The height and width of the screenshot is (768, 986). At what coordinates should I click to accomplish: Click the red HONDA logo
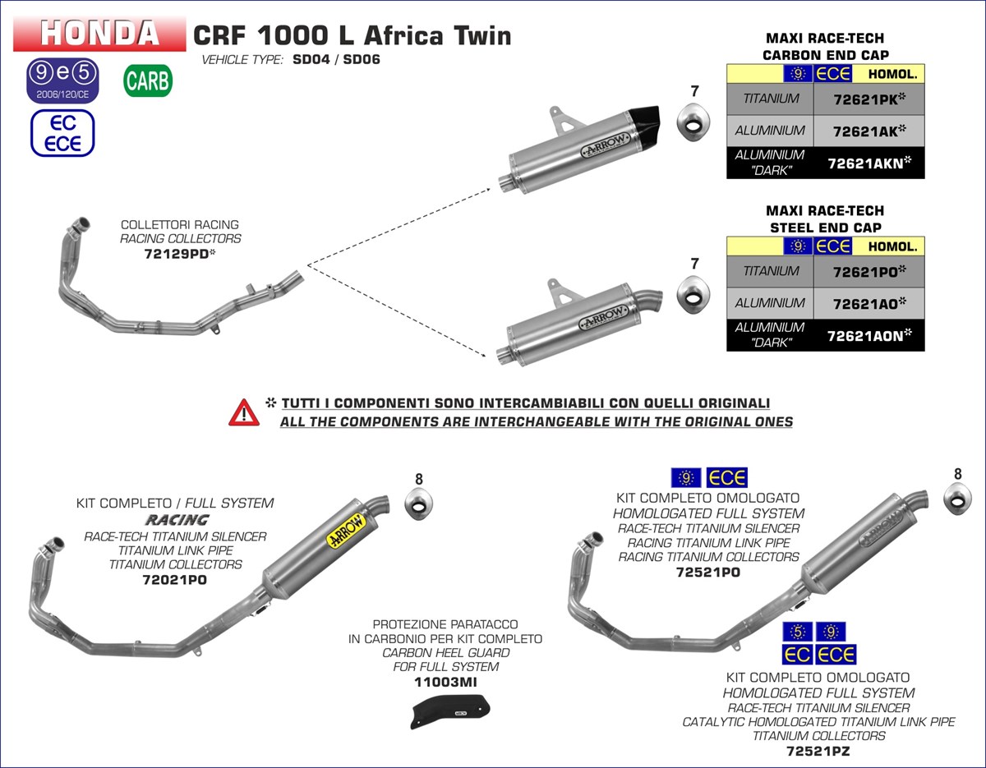tap(99, 33)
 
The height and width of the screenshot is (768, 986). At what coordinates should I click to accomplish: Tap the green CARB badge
tap(148, 80)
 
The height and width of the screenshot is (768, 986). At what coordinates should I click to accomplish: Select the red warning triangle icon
tap(244, 412)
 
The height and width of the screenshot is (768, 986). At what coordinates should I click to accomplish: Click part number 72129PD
tap(181, 254)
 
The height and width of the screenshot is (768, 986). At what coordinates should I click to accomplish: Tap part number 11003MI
tap(446, 682)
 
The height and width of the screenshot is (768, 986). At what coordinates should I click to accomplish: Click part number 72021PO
tap(175, 579)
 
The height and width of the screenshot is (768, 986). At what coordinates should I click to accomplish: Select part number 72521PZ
tap(818, 751)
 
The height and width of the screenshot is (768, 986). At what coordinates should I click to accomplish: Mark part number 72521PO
tap(708, 572)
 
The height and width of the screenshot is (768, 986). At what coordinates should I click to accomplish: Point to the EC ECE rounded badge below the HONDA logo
tap(62, 133)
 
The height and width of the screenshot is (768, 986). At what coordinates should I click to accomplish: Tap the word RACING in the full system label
tap(176, 520)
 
